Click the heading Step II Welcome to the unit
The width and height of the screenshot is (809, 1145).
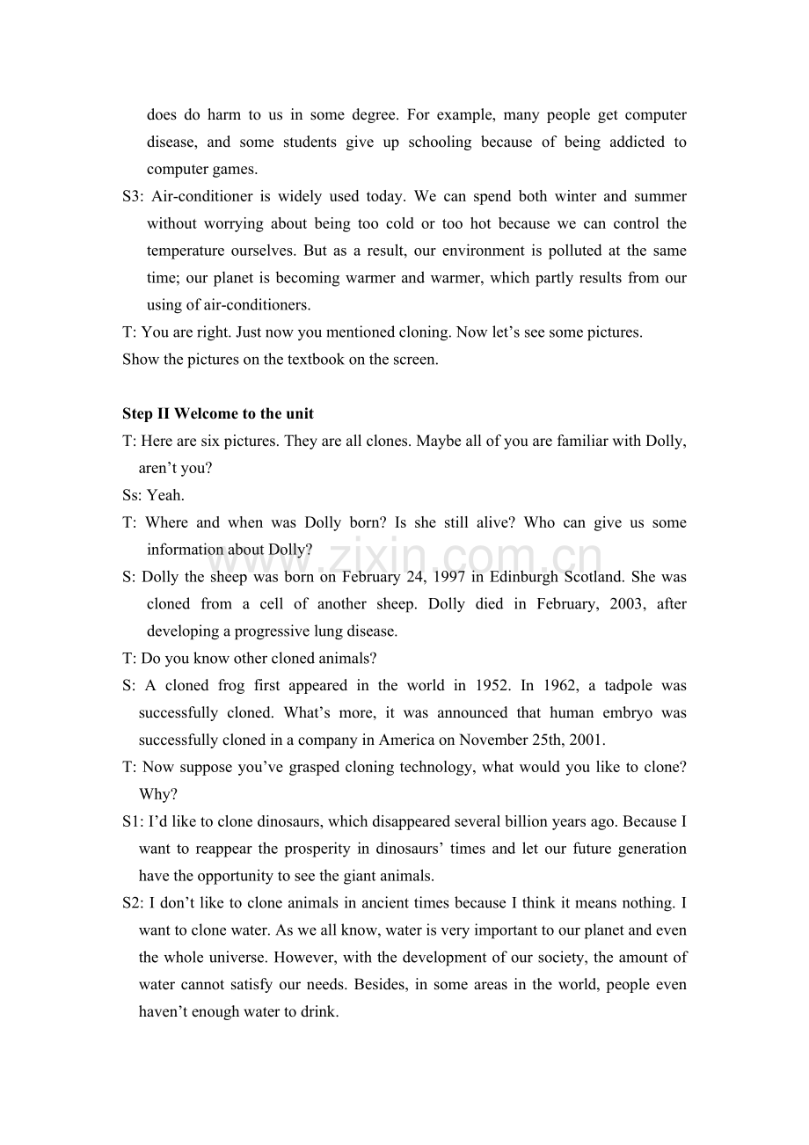click(218, 413)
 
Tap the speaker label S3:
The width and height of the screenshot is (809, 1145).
click(134, 196)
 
